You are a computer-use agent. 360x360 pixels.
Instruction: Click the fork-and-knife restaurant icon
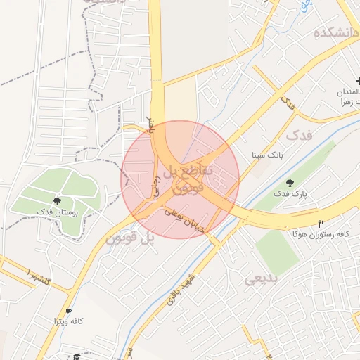tap(321, 224)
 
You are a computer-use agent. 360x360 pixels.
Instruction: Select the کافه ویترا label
tap(70, 321)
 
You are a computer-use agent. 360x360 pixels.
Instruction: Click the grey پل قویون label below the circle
tap(129, 239)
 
